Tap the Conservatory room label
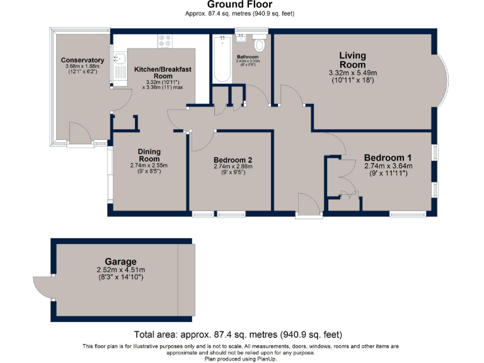tap(82, 60)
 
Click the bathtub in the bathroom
tap(222, 59)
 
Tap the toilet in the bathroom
tap(259, 44)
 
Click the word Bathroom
tap(248, 57)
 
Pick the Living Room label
tap(352, 60)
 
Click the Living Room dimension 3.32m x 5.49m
tap(352, 73)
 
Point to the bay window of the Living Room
tap(443, 79)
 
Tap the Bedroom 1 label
tap(388, 158)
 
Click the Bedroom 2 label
tap(233, 159)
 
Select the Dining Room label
tap(149, 155)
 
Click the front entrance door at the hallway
tap(309, 205)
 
